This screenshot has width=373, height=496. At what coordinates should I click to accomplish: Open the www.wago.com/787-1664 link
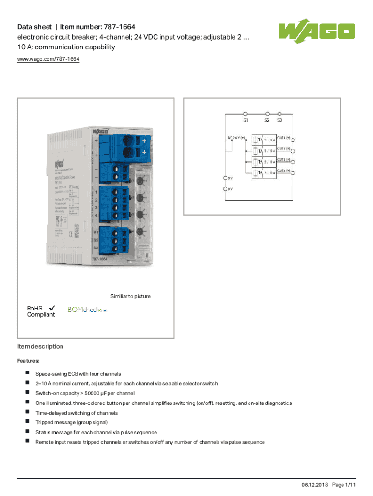coord(48,59)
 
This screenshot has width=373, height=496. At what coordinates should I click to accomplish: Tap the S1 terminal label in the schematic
coord(246,119)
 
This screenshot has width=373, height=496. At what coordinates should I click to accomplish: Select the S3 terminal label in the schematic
coord(280,119)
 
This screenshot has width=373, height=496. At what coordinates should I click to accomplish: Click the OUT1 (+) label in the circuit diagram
coord(284,137)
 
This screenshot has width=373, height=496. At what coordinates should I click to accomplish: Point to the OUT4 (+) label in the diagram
coord(284,170)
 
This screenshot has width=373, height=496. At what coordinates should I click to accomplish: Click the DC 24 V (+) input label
coord(236,137)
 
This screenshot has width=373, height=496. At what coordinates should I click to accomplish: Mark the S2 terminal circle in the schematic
coord(267,112)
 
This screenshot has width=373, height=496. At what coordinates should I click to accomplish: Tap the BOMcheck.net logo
coord(87,309)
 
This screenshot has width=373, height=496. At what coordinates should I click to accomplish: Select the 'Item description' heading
coord(40,346)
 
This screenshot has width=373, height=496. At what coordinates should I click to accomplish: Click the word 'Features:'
coord(29,361)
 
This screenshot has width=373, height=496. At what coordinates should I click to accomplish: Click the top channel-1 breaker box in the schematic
coord(264,140)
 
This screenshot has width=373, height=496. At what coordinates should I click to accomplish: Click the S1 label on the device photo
coord(96,232)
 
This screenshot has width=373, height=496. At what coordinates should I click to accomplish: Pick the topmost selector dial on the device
coord(140,181)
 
